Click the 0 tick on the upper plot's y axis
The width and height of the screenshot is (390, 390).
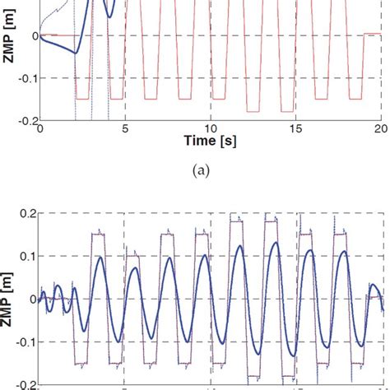point(33,36)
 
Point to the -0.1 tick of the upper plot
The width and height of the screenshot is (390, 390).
point(26,78)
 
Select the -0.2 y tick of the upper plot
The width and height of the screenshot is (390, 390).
point(26,120)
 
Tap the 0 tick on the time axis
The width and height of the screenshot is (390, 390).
point(40,129)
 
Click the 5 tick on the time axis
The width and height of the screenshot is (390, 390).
point(125,129)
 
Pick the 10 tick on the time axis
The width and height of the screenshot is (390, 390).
point(211,129)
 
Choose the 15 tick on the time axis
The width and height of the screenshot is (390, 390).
point(295,129)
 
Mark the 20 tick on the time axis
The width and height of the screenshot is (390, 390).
point(379,129)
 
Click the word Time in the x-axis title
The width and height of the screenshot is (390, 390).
point(199,143)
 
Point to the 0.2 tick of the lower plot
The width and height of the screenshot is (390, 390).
point(28,214)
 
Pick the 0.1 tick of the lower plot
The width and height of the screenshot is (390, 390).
point(28,256)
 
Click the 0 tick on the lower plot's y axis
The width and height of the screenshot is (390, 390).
point(33,299)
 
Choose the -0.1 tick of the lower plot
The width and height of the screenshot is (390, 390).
point(26,341)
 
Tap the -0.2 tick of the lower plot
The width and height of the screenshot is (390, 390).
point(26,383)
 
